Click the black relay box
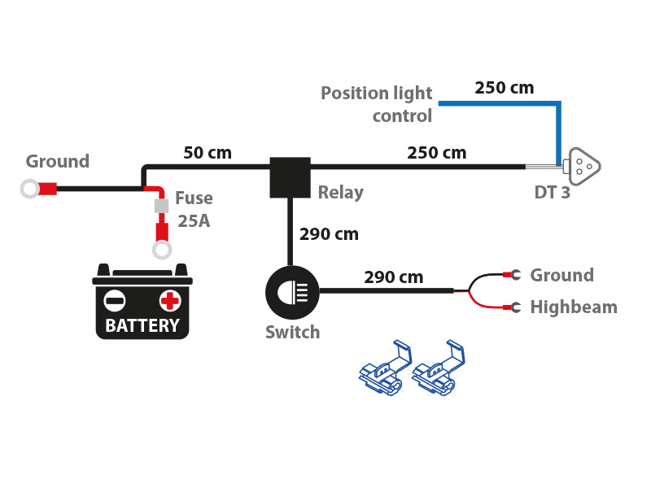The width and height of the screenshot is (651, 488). pyautogui.click(x=290, y=177)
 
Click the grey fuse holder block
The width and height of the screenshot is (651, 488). pyautogui.click(x=161, y=207)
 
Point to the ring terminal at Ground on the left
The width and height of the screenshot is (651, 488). pyautogui.click(x=30, y=190)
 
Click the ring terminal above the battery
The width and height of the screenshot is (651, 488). pyautogui.click(x=162, y=249)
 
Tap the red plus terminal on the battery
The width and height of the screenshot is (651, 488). pyautogui.click(x=169, y=301)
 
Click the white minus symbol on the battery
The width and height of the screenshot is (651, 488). pyautogui.click(x=116, y=301)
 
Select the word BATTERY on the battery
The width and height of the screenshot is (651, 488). pyautogui.click(x=142, y=326)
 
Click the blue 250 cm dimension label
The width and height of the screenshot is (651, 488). pyautogui.click(x=505, y=88)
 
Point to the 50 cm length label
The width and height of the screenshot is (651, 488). pyautogui.click(x=208, y=152)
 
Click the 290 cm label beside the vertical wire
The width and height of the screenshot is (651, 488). pyautogui.click(x=329, y=234)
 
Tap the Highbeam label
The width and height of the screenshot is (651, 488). pyautogui.click(x=574, y=307)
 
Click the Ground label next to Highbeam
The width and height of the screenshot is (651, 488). pyautogui.click(x=561, y=275)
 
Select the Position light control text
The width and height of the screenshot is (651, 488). pyautogui.click(x=378, y=104)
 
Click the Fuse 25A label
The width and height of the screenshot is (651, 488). pyautogui.click(x=194, y=209)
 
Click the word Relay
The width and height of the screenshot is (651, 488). pyautogui.click(x=340, y=193)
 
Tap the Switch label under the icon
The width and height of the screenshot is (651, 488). pyautogui.click(x=292, y=332)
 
